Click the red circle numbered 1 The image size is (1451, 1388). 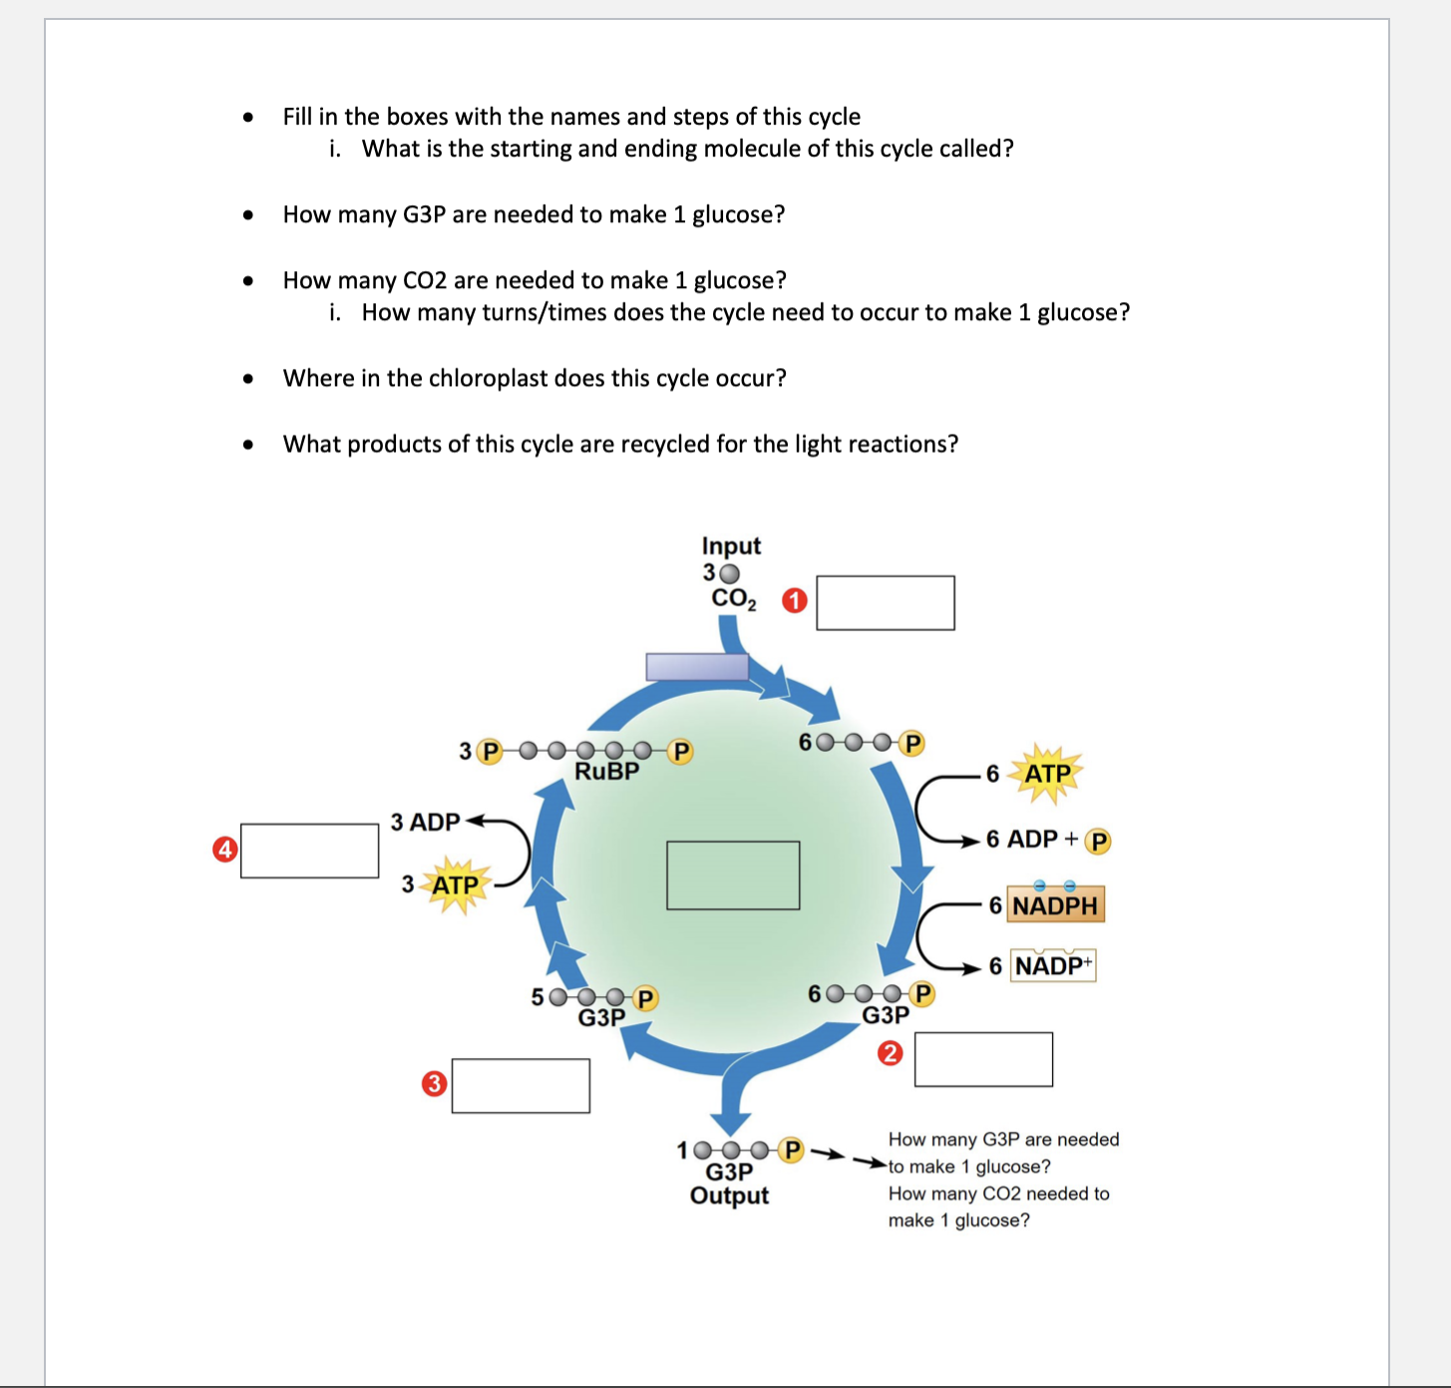[x=794, y=601]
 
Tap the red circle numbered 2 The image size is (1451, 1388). [x=890, y=1053]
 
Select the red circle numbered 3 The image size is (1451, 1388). [x=434, y=1084]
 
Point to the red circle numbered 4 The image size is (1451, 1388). [x=225, y=850]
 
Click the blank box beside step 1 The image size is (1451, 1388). [x=885, y=603]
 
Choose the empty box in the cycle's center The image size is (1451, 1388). [x=733, y=875]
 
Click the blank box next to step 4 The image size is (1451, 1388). [x=309, y=851]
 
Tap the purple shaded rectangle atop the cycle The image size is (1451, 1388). [x=697, y=667]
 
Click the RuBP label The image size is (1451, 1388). [x=606, y=772]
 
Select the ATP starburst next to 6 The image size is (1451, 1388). [x=1046, y=774]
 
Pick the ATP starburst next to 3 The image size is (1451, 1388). [x=455, y=885]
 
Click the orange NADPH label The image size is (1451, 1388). [x=1055, y=905]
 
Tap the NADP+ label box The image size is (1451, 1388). [x=1053, y=965]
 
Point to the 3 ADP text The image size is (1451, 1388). [x=425, y=823]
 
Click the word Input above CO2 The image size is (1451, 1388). [x=731, y=546]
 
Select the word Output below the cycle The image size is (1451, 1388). [x=729, y=1196]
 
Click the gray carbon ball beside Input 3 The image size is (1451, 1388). [x=730, y=573]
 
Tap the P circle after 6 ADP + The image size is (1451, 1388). [x=1098, y=842]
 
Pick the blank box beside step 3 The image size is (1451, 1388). [x=521, y=1086]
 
